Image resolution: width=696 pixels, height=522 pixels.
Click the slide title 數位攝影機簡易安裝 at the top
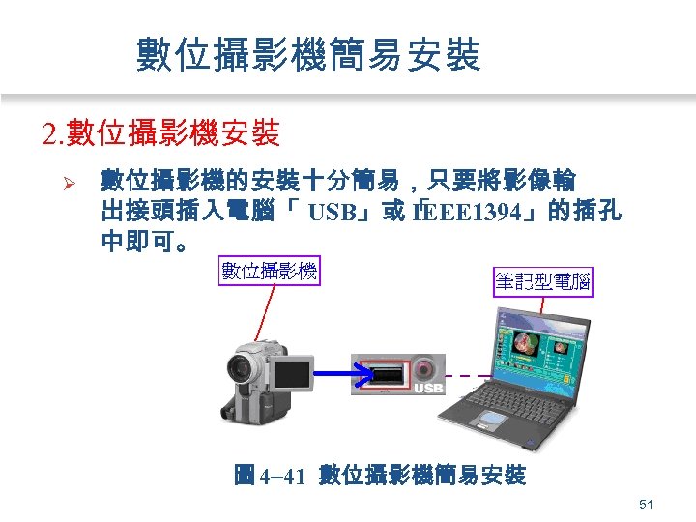[308, 55]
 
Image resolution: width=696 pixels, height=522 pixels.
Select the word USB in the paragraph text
[337, 212]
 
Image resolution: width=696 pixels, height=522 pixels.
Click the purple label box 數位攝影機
[270, 271]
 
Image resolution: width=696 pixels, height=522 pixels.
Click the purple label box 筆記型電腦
[542, 282]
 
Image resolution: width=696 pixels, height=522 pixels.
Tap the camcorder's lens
[239, 368]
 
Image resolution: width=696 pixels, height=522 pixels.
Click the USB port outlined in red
[386, 371]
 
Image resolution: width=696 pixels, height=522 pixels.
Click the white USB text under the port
[428, 391]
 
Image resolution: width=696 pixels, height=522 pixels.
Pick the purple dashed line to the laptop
[462, 374]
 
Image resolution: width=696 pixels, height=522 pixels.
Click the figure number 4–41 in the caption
[282, 475]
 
